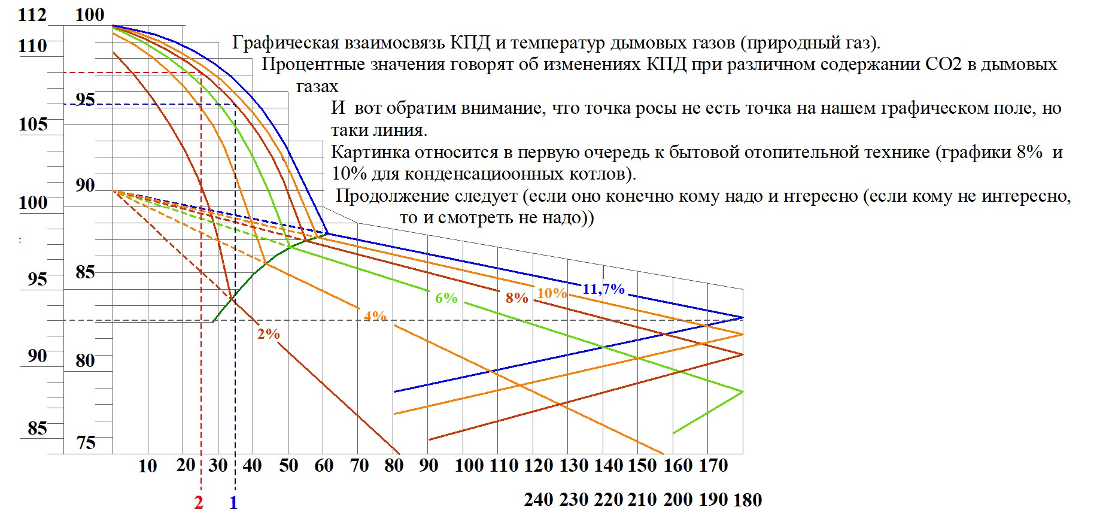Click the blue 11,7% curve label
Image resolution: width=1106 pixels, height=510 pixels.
pos(603,289)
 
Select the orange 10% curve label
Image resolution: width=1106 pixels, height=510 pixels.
pos(552,293)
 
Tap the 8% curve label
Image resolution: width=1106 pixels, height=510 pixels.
pos(516,297)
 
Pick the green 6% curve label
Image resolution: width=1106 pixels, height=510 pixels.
pos(446,297)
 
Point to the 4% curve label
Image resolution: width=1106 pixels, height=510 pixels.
pos(375,315)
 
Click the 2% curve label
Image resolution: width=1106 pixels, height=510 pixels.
pos(269,334)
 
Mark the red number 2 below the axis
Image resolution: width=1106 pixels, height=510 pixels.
pos(199,502)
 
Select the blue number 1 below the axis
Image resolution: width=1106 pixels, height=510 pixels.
pos(233,502)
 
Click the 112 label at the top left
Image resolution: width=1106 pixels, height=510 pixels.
pos(32,14)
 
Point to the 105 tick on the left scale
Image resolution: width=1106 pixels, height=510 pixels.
pos(32,124)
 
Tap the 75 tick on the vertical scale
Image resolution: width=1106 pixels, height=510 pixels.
pos(86,442)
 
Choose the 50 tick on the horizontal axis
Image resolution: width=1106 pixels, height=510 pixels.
pos(288,466)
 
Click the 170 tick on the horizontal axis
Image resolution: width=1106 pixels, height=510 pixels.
pos(713,466)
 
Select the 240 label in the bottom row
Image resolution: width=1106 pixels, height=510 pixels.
pos(539,499)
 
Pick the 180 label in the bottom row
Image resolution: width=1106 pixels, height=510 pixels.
pos(748,499)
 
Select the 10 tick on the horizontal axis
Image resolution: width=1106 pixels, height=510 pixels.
pos(148,466)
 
